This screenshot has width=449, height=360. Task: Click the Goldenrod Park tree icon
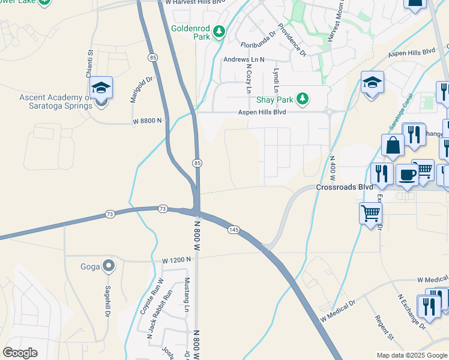220,31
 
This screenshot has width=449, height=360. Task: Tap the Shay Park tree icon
304,98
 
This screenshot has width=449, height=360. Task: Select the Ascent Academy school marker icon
102,88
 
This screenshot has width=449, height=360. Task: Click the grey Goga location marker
108,265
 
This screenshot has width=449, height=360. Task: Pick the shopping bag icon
392,146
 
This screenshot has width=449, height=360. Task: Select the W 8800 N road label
148,121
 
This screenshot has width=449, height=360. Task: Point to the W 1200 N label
176,260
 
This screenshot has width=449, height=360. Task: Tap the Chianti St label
89,64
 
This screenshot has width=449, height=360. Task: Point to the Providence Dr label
292,41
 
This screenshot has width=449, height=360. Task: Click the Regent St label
383,327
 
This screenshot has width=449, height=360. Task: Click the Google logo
20,353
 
